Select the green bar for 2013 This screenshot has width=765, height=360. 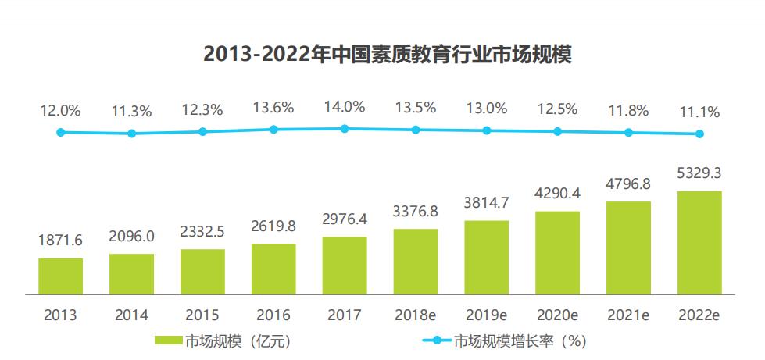61,276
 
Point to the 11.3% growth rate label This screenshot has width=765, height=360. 131,112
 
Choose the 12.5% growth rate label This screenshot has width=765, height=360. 557,109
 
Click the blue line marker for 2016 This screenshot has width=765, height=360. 273,129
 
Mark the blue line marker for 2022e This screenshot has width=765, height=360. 699,134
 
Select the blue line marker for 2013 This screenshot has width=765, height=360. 61,132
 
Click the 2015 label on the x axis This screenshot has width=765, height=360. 202,315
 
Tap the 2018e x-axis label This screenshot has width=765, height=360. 415,315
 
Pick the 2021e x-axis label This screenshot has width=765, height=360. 628,315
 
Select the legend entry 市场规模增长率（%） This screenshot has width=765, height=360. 508,340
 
